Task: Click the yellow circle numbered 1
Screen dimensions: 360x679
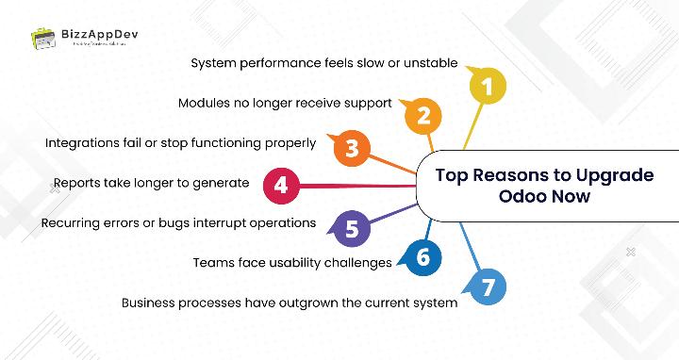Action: (487, 88)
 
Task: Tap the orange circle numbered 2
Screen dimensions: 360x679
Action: (423, 116)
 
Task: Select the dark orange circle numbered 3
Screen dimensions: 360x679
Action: (351, 148)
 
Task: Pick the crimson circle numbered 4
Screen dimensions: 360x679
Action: (280, 185)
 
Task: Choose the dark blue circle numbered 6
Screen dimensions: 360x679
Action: (422, 256)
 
